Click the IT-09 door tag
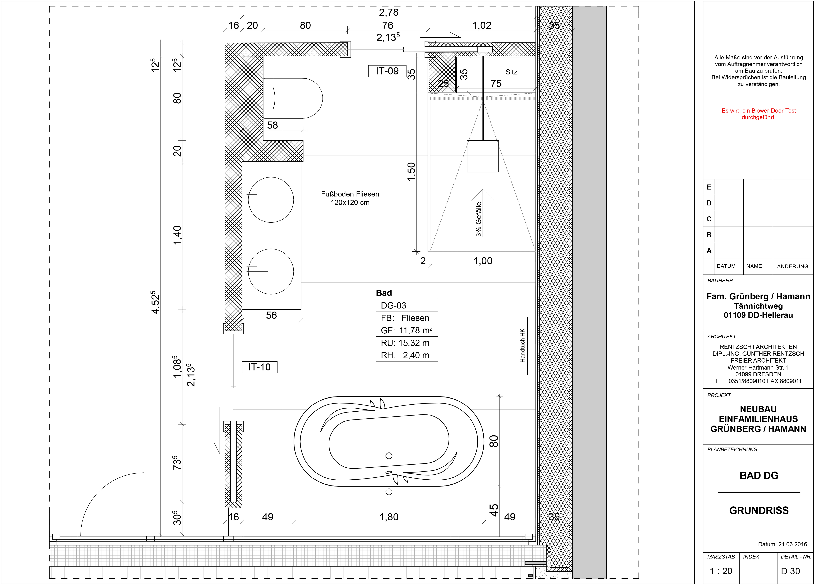[387, 71]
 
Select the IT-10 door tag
[259, 367]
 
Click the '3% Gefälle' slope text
[479, 219]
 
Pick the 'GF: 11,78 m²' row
[406, 330]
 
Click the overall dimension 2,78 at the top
[389, 12]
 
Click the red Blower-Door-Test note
[759, 114]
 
